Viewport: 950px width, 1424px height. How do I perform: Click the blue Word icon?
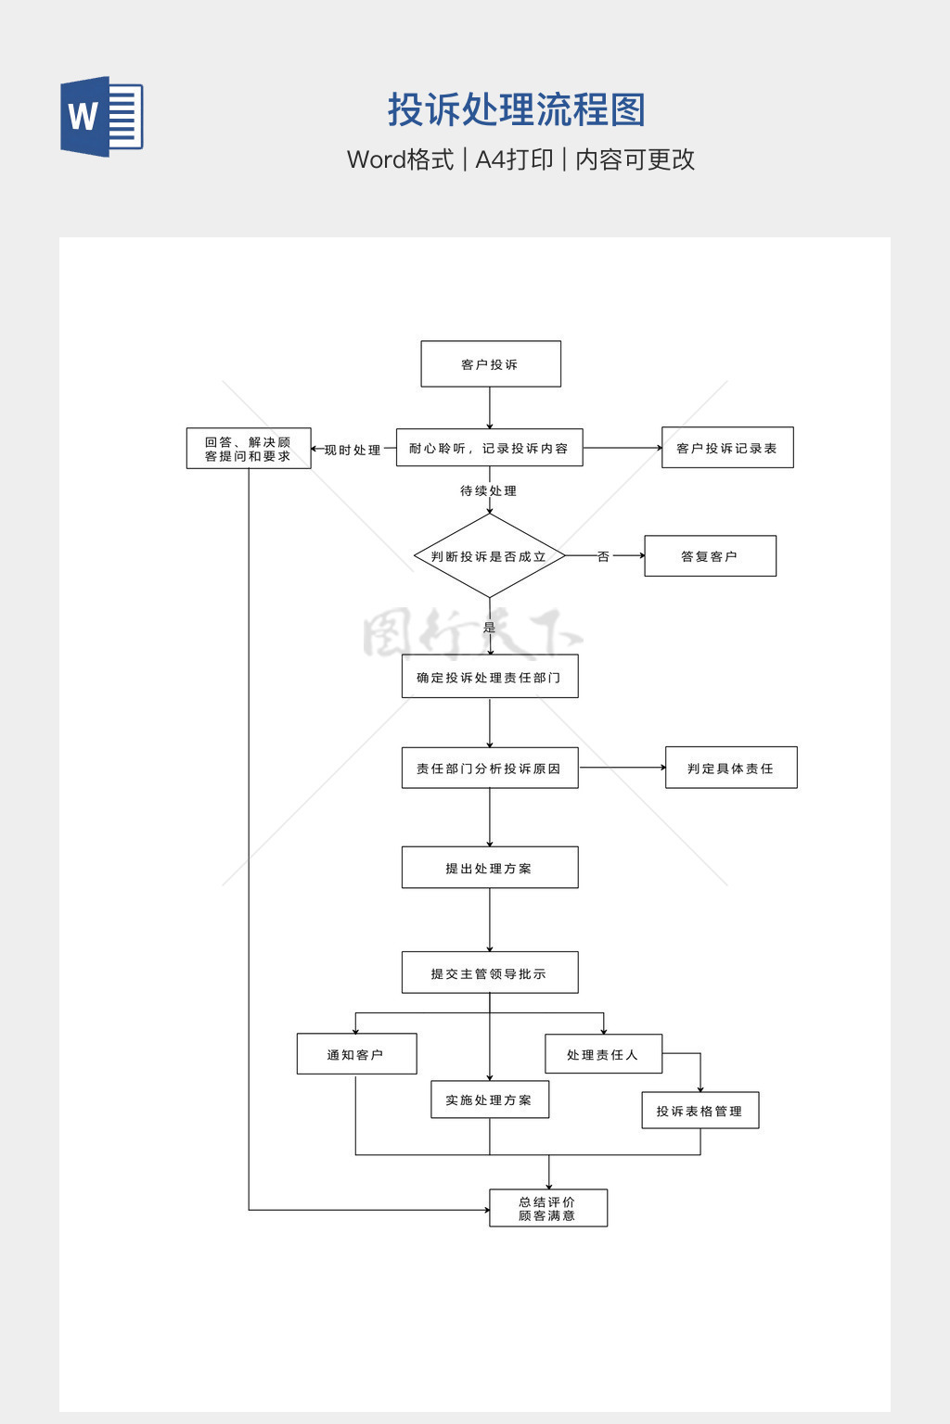point(102,117)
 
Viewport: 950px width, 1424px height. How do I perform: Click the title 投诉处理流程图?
point(516,110)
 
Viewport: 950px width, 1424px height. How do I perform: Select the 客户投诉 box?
point(491,364)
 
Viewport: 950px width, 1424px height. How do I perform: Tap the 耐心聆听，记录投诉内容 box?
point(489,448)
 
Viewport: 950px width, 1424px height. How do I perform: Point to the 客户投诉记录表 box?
point(727,448)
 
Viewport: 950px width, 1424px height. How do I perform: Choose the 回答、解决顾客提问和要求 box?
point(249,449)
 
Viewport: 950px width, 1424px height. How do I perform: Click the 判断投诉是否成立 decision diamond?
point(489,556)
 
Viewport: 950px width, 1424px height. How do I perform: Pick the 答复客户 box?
point(710,556)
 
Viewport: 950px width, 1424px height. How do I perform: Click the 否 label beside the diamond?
point(603,556)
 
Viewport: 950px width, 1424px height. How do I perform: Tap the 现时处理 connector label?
point(353,450)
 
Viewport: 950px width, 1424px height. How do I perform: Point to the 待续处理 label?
point(488,490)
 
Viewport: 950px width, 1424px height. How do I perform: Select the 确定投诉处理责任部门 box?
point(490,677)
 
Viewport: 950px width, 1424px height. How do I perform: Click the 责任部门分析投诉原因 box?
point(490,768)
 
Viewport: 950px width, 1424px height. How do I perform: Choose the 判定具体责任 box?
point(731,768)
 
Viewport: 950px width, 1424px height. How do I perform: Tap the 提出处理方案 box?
point(490,868)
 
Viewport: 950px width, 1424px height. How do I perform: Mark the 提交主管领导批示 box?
point(490,973)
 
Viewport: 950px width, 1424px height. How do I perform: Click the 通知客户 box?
point(356,1054)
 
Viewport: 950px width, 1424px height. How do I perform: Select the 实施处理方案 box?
point(490,1100)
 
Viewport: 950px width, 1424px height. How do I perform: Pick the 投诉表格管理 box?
point(700,1111)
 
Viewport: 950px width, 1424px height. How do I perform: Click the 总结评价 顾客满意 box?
point(548,1208)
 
